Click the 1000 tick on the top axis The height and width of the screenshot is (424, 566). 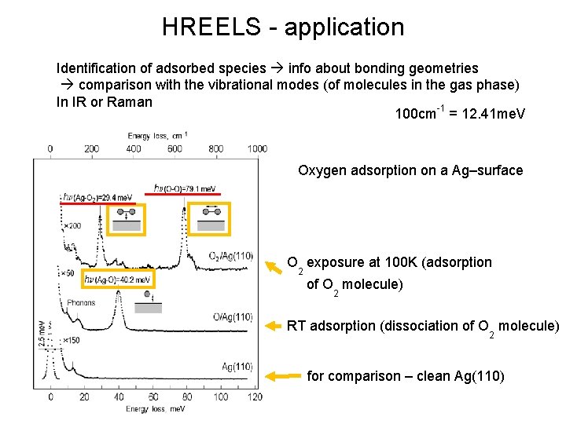click(257, 148)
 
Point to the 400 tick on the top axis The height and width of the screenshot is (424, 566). click(133, 148)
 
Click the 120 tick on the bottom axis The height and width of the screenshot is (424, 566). click(255, 398)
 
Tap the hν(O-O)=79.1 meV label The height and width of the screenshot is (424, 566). click(185, 188)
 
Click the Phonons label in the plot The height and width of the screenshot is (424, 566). click(80, 302)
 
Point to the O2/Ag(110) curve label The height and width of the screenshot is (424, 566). click(230, 256)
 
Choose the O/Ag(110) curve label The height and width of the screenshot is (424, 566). click(232, 317)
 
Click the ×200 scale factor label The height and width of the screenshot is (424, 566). click(73, 225)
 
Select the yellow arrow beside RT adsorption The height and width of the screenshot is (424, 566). click(272, 325)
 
